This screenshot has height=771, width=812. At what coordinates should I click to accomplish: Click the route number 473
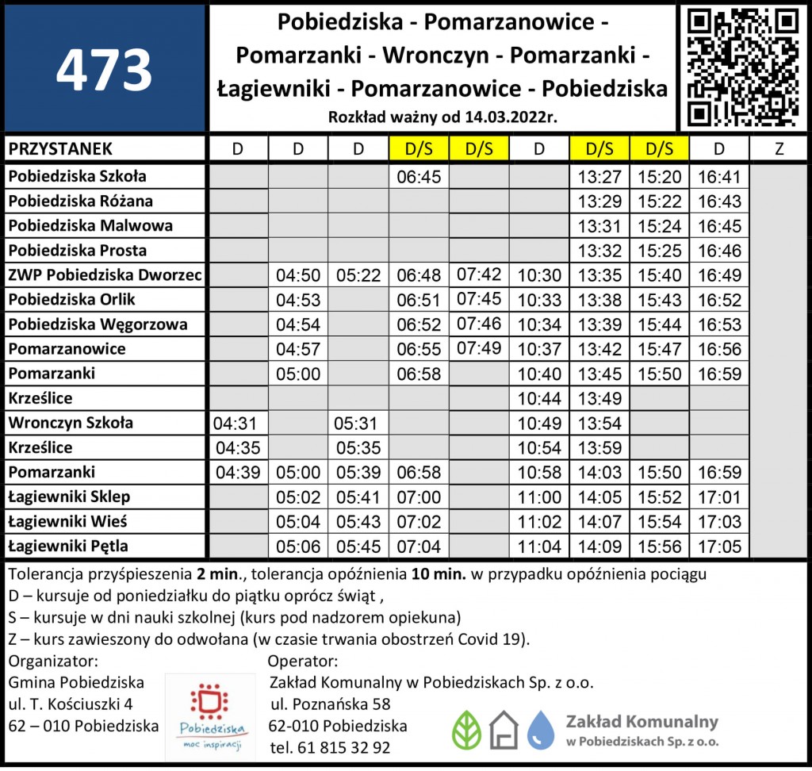coord(104,70)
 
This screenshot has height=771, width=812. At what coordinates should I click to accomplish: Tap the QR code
coord(742,67)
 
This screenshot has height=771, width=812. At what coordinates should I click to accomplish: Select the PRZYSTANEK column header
coord(60,149)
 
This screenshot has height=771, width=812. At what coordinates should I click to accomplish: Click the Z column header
coord(779,149)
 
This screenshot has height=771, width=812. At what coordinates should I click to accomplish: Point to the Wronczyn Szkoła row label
coord(71,423)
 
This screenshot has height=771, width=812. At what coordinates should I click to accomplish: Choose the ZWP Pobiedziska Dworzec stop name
coord(105,275)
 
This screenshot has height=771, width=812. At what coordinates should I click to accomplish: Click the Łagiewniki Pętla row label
coord(68,547)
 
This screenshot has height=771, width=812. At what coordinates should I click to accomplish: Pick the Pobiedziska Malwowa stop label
coord(90,226)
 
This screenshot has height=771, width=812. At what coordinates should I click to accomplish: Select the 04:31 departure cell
coord(237,424)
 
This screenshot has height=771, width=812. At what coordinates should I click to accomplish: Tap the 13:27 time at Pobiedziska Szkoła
coord(599,177)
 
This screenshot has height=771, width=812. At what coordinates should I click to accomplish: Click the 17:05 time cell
coord(720,547)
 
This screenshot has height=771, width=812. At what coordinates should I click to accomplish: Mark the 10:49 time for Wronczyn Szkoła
coord(539,424)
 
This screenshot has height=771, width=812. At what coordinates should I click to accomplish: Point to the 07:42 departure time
coord(479,274)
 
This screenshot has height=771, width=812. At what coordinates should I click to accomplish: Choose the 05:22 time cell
coord(358,276)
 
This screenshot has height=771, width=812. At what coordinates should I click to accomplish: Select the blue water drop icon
coord(541,730)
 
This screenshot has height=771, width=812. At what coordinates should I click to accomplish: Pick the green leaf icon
coord(466,730)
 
